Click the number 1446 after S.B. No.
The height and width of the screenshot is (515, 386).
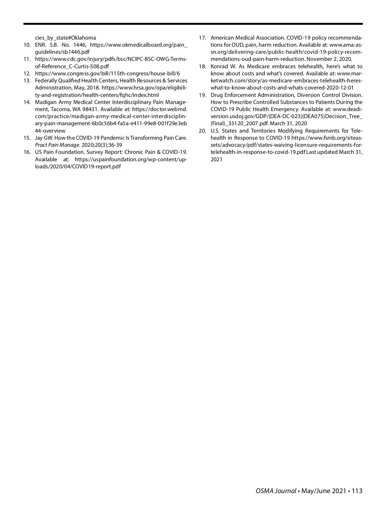79,45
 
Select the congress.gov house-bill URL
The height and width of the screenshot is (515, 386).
107,73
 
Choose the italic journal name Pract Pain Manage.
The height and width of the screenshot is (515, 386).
57,145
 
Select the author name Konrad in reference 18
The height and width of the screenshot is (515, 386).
219,66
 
